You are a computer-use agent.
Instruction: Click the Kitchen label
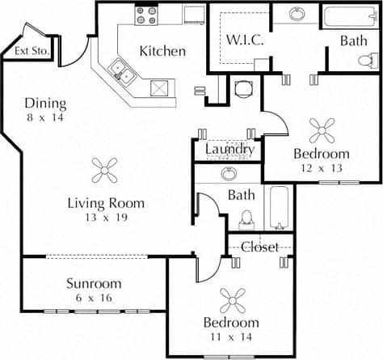coord(162,51)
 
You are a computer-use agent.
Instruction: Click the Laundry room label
coord(229,150)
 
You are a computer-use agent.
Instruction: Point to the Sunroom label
coord(94,283)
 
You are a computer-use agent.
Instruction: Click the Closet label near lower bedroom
coord(259,246)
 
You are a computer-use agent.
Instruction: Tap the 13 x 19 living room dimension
coord(106,218)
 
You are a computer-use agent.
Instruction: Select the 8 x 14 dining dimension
coord(44,117)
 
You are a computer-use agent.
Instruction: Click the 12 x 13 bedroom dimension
coord(321,168)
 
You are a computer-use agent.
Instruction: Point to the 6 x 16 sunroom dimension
coord(94,298)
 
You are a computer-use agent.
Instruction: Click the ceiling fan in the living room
coord(106,169)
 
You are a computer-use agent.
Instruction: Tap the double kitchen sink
coord(123,71)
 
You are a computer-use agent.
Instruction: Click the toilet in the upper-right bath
coord(368,59)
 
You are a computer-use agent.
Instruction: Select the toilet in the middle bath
coord(247,218)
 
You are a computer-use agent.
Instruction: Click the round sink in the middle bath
coord(229,173)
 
